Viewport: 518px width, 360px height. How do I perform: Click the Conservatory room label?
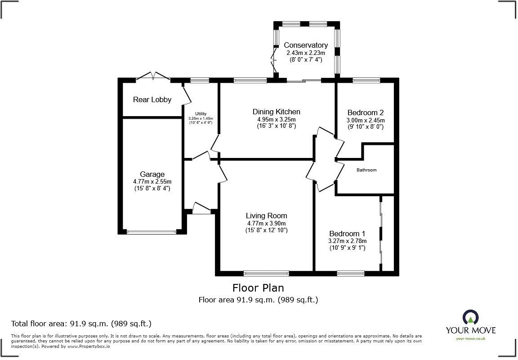[305, 45]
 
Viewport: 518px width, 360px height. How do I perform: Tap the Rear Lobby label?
[152, 99]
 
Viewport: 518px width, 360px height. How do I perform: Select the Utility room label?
[200, 113]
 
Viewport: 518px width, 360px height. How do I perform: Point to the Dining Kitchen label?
[276, 112]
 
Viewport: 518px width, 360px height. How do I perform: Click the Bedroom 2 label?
[365, 112]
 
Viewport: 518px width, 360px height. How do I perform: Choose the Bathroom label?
[366, 170]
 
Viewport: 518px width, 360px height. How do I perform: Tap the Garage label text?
[152, 174]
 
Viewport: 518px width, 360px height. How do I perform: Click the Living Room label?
[266, 216]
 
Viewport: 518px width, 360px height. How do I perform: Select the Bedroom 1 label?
[347, 234]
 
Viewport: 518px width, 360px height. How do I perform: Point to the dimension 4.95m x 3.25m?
[276, 119]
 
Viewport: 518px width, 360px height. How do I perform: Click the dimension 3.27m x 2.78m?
[347, 241]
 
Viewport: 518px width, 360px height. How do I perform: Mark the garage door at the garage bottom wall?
[151, 232]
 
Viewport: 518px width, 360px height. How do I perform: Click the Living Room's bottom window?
[266, 273]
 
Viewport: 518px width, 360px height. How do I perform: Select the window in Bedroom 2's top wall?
[366, 81]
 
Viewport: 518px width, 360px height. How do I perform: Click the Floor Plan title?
[258, 288]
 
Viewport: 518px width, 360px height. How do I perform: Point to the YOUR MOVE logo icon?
[470, 318]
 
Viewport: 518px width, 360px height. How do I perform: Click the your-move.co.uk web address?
[470, 338]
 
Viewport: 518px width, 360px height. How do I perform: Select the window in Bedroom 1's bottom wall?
[351, 273]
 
